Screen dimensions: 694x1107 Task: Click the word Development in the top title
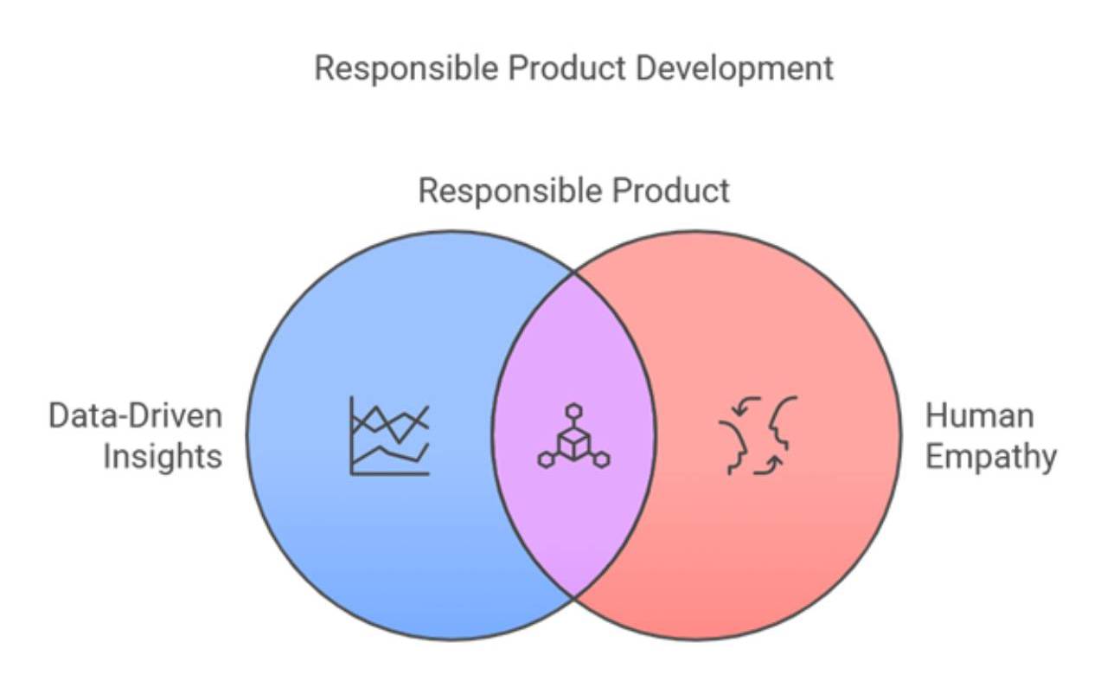pyautogui.click(x=735, y=68)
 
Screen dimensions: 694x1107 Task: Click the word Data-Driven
pyautogui.click(x=135, y=416)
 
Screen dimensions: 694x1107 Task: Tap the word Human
pyautogui.click(x=979, y=416)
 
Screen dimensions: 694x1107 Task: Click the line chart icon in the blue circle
pyautogui.click(x=389, y=435)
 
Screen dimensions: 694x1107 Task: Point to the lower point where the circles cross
pyautogui.click(x=573, y=596)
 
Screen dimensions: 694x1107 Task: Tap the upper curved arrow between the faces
pyautogui.click(x=745, y=403)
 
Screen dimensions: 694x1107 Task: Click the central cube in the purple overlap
pyautogui.click(x=573, y=442)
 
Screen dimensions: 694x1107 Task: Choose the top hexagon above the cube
pyautogui.click(x=573, y=410)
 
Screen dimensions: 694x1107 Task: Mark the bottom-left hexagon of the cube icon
pyautogui.click(x=546, y=459)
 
